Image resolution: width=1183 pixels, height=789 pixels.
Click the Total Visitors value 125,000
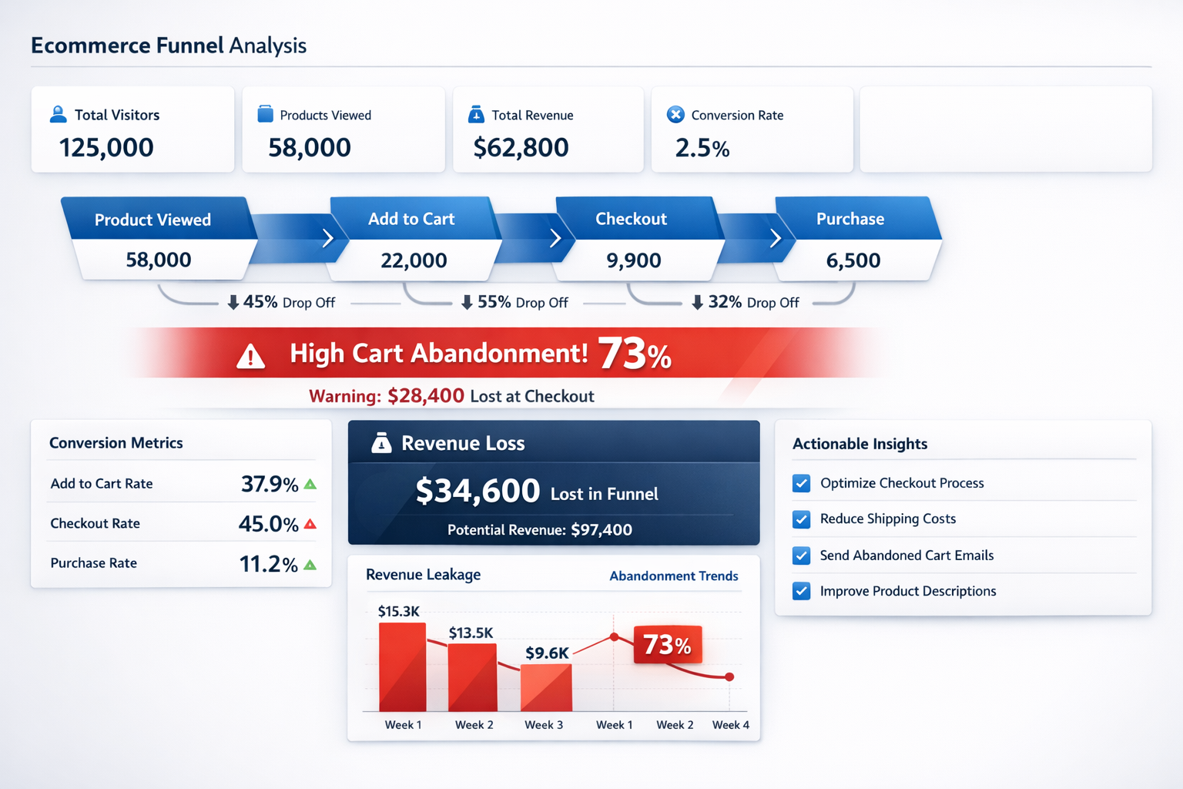[106, 147]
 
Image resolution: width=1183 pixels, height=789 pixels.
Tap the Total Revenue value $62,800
[521, 147]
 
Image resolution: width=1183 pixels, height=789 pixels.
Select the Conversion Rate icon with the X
[675, 115]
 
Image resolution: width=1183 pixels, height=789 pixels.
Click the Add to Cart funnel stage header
[411, 219]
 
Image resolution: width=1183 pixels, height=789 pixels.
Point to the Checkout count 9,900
[633, 260]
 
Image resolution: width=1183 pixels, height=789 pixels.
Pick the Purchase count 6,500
[853, 260]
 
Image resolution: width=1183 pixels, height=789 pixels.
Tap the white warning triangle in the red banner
[250, 357]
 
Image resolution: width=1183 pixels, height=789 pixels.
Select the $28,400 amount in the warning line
[425, 396]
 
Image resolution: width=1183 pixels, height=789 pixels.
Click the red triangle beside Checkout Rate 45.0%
[310, 524]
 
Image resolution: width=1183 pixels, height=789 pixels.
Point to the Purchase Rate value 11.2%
[268, 564]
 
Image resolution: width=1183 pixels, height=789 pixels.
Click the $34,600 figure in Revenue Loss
[478, 491]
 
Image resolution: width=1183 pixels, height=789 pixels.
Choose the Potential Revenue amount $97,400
[601, 530]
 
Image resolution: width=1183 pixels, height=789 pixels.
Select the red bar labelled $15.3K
[402, 667]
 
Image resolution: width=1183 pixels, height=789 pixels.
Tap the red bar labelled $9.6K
[546, 687]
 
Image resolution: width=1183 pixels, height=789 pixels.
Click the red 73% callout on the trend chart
[667, 645]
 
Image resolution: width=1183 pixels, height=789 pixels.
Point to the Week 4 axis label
[730, 725]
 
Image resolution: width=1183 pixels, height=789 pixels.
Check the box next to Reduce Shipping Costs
[801, 519]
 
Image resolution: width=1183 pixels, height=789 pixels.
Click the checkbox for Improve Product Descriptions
[801, 591]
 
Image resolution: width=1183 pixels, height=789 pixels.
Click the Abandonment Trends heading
[673, 576]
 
